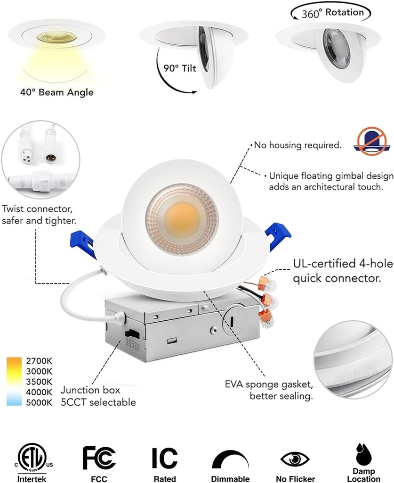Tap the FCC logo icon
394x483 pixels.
(99, 458)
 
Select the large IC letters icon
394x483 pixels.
(164, 458)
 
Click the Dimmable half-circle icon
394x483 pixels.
(230, 460)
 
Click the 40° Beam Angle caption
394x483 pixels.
(56, 92)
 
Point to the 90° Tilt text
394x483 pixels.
(180, 67)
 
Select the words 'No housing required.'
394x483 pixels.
(298, 145)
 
